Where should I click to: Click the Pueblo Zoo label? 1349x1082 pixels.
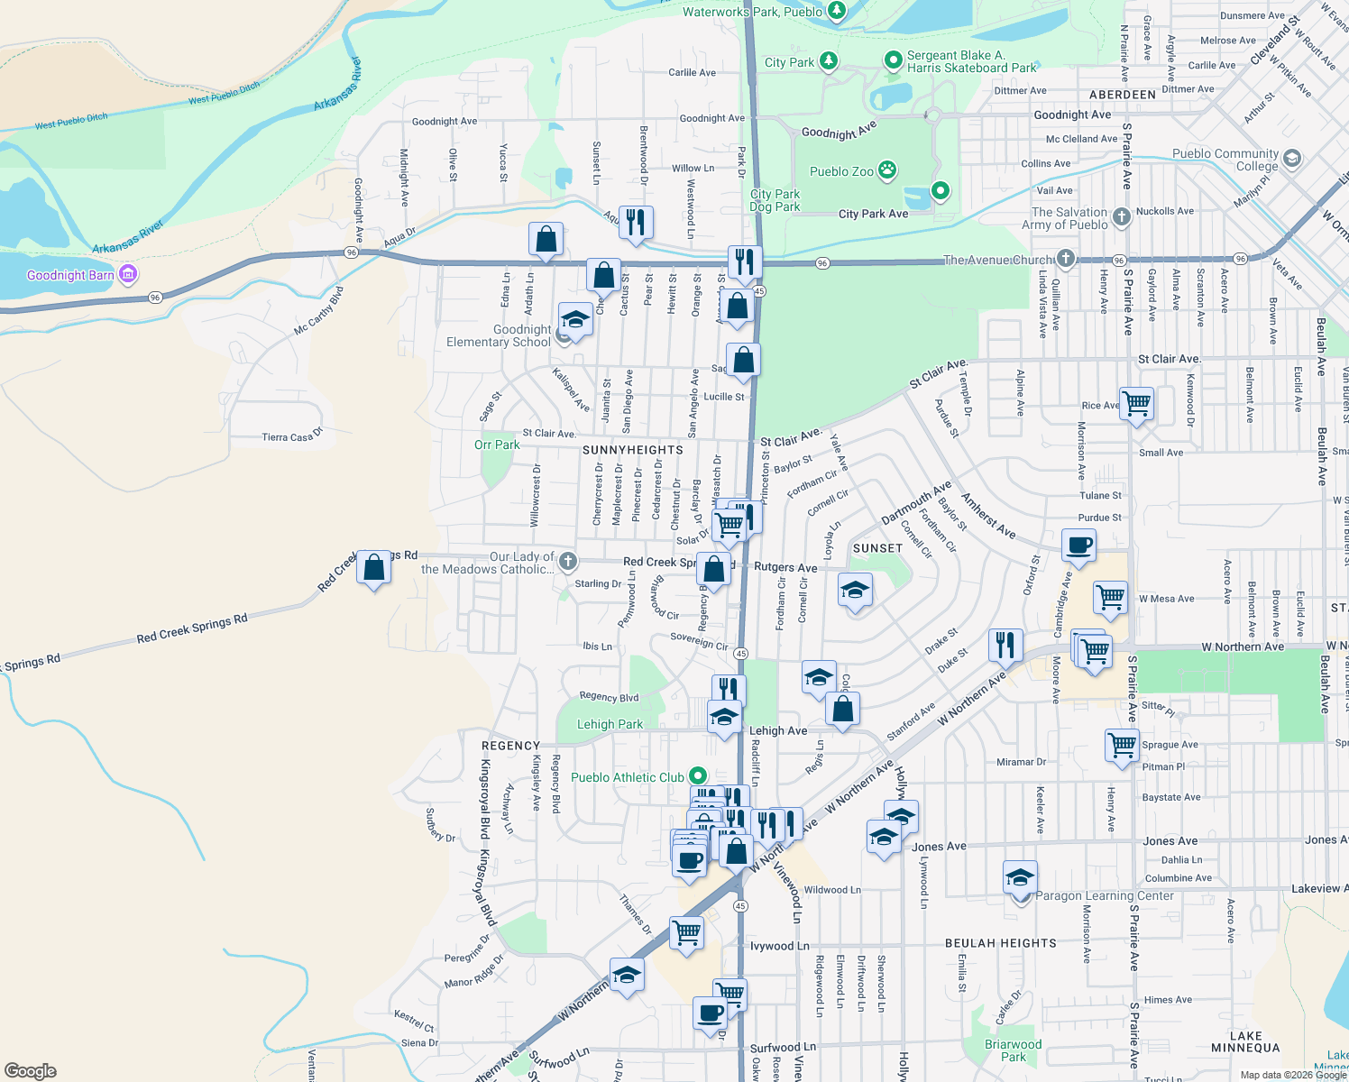pos(841,171)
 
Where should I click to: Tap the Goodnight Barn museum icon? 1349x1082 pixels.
pos(128,274)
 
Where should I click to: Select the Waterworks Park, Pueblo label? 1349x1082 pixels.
pos(752,12)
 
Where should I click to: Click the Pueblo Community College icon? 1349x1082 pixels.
pos(1291,160)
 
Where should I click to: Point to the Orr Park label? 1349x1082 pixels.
pos(497,445)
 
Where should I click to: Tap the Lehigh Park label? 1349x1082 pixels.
pos(610,724)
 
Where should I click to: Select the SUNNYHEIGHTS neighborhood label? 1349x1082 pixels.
pos(633,450)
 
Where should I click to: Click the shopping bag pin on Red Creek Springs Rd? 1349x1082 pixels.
pos(373,568)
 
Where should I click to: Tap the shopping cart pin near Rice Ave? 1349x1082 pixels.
pos(1136,403)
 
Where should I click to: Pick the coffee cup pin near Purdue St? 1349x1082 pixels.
pos(1078,546)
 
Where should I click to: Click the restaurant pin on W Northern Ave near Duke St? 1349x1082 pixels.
pos(1005,645)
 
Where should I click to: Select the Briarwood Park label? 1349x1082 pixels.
pos(1014,1050)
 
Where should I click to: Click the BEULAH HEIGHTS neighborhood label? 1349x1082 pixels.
pos(1001,943)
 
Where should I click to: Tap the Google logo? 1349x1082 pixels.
pos(31,1070)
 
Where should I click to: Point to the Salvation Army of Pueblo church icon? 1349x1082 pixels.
pos(1122,216)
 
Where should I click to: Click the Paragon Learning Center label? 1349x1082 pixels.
pos(1105,895)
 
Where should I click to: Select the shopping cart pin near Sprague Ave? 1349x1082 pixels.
pos(1122,746)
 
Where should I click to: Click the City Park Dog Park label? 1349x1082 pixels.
pos(775,200)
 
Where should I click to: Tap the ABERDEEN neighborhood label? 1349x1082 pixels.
pos(1122,95)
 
